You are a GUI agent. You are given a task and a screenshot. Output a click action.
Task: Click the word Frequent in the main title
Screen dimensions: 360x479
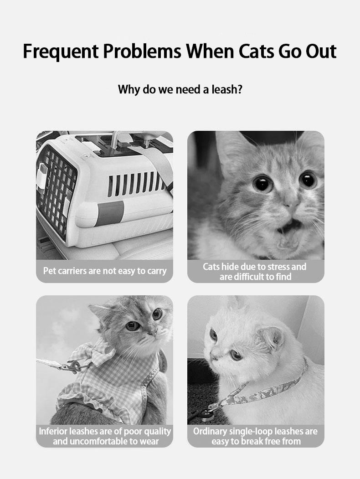[61, 52]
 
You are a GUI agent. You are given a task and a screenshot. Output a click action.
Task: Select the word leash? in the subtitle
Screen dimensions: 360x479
[227, 89]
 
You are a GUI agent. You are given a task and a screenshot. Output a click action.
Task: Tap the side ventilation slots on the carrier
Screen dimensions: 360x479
[136, 184]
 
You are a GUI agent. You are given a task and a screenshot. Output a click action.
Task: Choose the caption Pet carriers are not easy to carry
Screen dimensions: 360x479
[105, 271]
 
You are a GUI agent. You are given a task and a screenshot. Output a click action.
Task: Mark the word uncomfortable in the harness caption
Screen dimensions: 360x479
[99, 442]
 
